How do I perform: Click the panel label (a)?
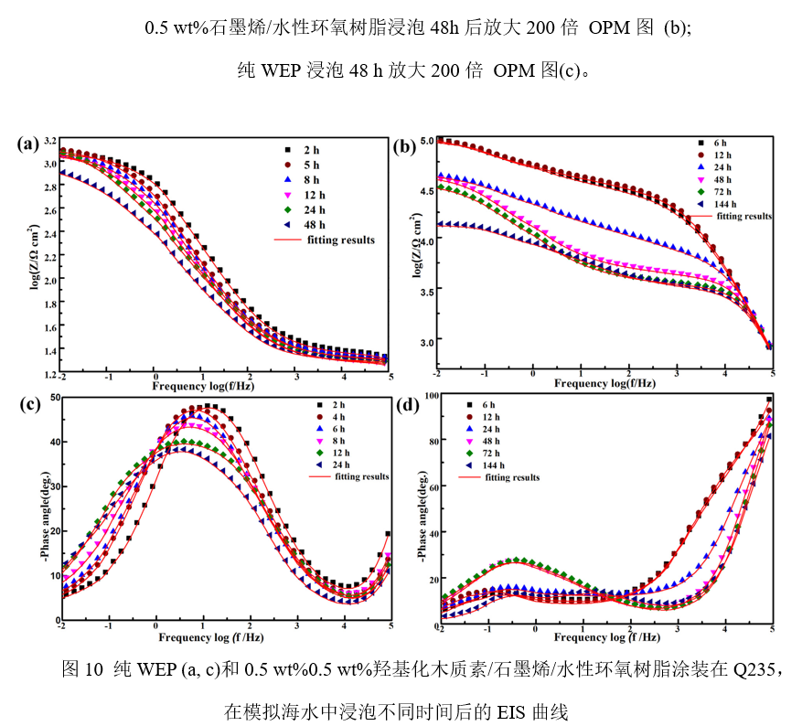[x=29, y=143]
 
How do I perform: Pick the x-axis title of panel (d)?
[x=607, y=637]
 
